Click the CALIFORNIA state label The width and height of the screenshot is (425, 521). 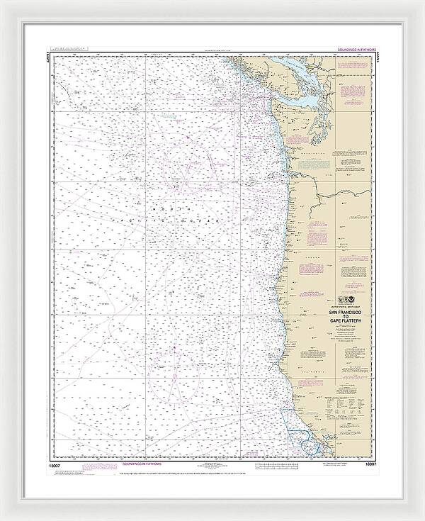pos(312,369)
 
